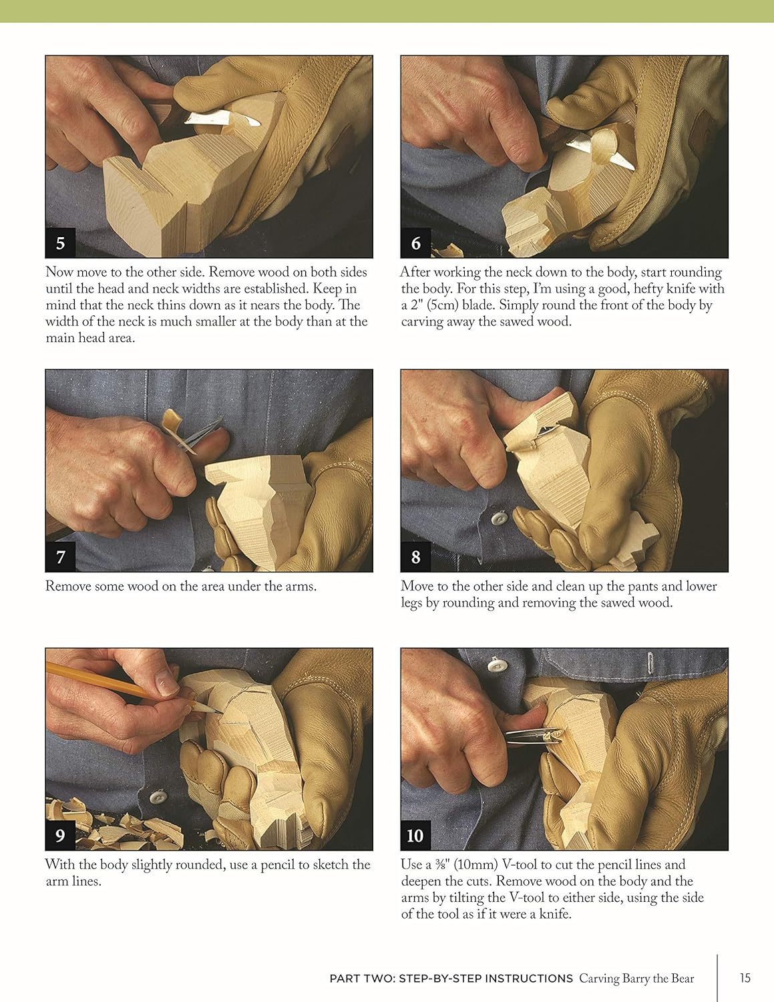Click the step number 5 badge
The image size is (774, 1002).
coord(60,243)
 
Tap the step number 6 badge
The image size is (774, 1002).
coord(415,243)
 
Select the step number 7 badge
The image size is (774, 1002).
coord(60,556)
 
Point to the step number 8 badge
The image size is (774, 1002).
coord(415,556)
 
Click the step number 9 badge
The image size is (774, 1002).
coord(60,835)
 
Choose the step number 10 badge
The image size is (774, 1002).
coord(415,835)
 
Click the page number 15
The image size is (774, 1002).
coord(745,978)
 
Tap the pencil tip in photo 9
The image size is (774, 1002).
coord(221,712)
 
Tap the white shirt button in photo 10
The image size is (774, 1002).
coord(495,665)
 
